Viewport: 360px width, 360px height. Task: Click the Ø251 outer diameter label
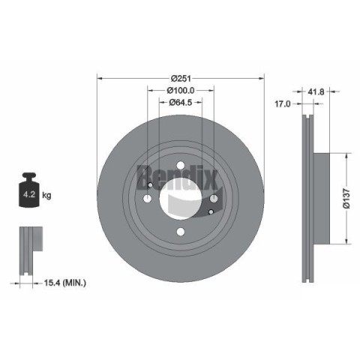coord(181,79)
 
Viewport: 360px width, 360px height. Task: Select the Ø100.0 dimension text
coord(181,90)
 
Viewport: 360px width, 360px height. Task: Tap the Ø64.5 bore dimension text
coord(181,102)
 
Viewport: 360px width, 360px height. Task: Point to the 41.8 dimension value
coord(316,91)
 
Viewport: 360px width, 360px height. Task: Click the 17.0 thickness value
coord(283,103)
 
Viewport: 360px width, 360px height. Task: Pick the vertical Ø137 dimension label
coord(347,199)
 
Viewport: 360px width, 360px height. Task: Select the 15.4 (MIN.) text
coord(65,283)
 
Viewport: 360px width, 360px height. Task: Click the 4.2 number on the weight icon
coord(29,194)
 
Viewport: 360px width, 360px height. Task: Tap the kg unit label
coord(46,195)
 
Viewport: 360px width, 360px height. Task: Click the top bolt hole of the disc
coord(181,166)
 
